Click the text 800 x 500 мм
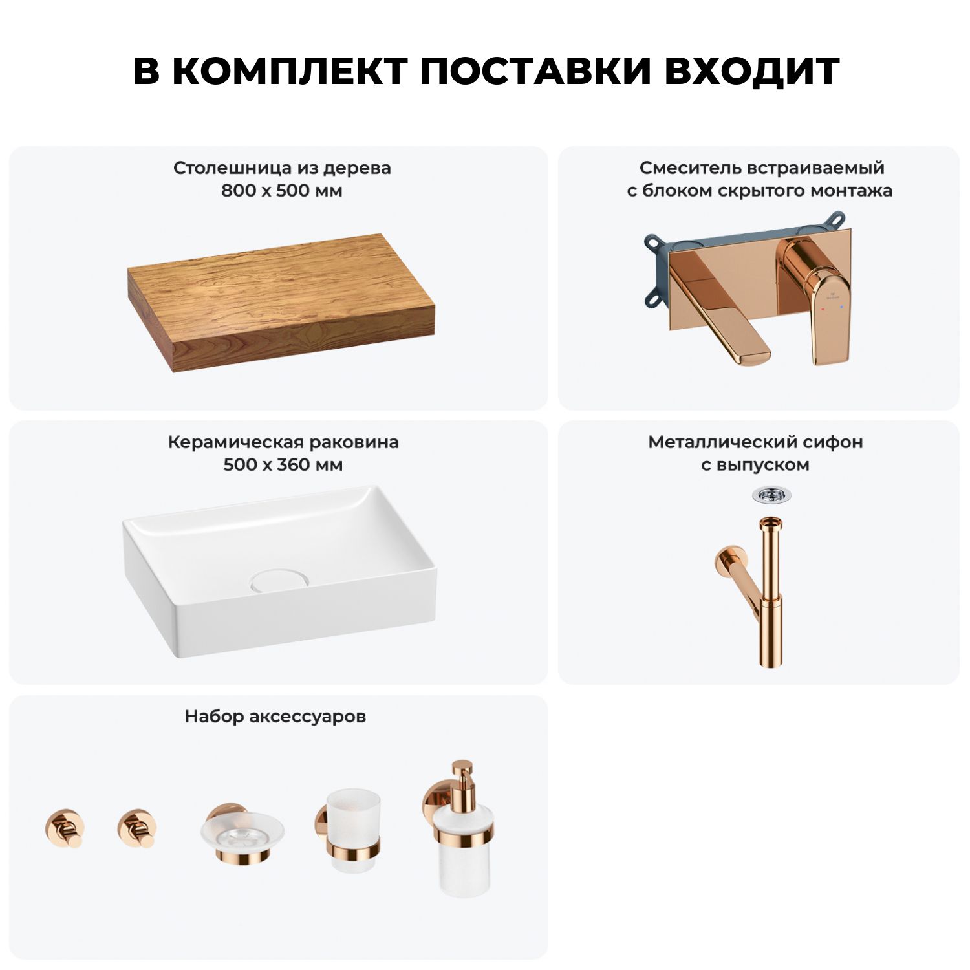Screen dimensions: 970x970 282,191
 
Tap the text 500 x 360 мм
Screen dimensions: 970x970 283,465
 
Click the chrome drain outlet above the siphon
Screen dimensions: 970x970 771,496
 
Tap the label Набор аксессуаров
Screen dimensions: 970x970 275,717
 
